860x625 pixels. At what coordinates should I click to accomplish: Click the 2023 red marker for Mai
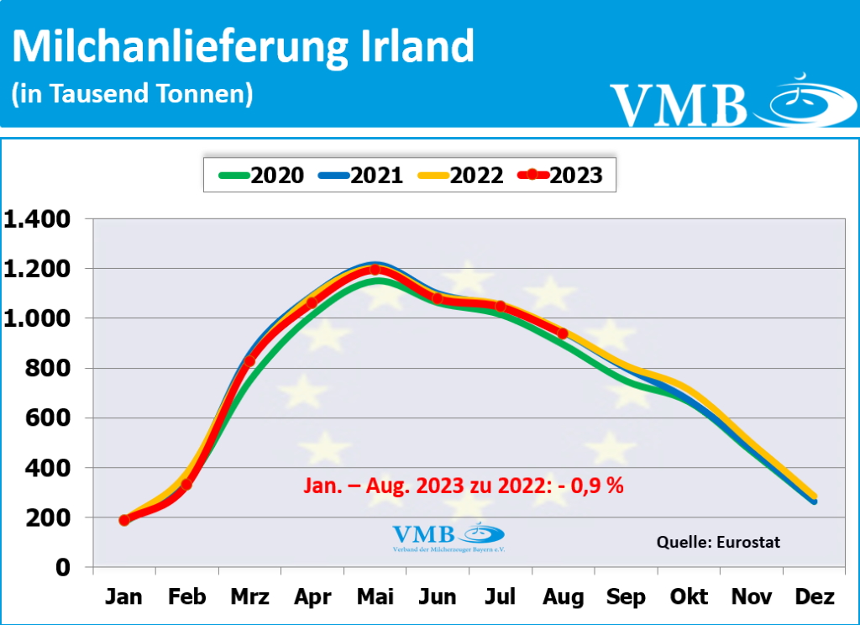[375, 270]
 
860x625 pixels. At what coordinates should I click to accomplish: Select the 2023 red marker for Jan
[124, 520]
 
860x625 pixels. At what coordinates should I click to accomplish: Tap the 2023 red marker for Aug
[563, 334]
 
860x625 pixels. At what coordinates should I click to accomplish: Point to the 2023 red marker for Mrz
[249, 361]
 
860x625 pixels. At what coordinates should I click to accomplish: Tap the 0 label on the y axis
[62, 567]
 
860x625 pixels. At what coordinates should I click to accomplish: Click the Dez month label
[813, 597]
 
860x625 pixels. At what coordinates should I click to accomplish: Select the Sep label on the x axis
[626, 597]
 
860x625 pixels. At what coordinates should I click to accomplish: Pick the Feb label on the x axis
[186, 597]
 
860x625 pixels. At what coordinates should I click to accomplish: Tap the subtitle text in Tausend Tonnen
[132, 93]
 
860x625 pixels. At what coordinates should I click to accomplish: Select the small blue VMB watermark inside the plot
[448, 536]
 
